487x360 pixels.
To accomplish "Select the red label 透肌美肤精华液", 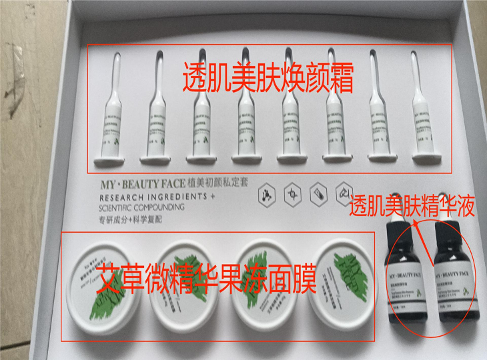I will (413, 205).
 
